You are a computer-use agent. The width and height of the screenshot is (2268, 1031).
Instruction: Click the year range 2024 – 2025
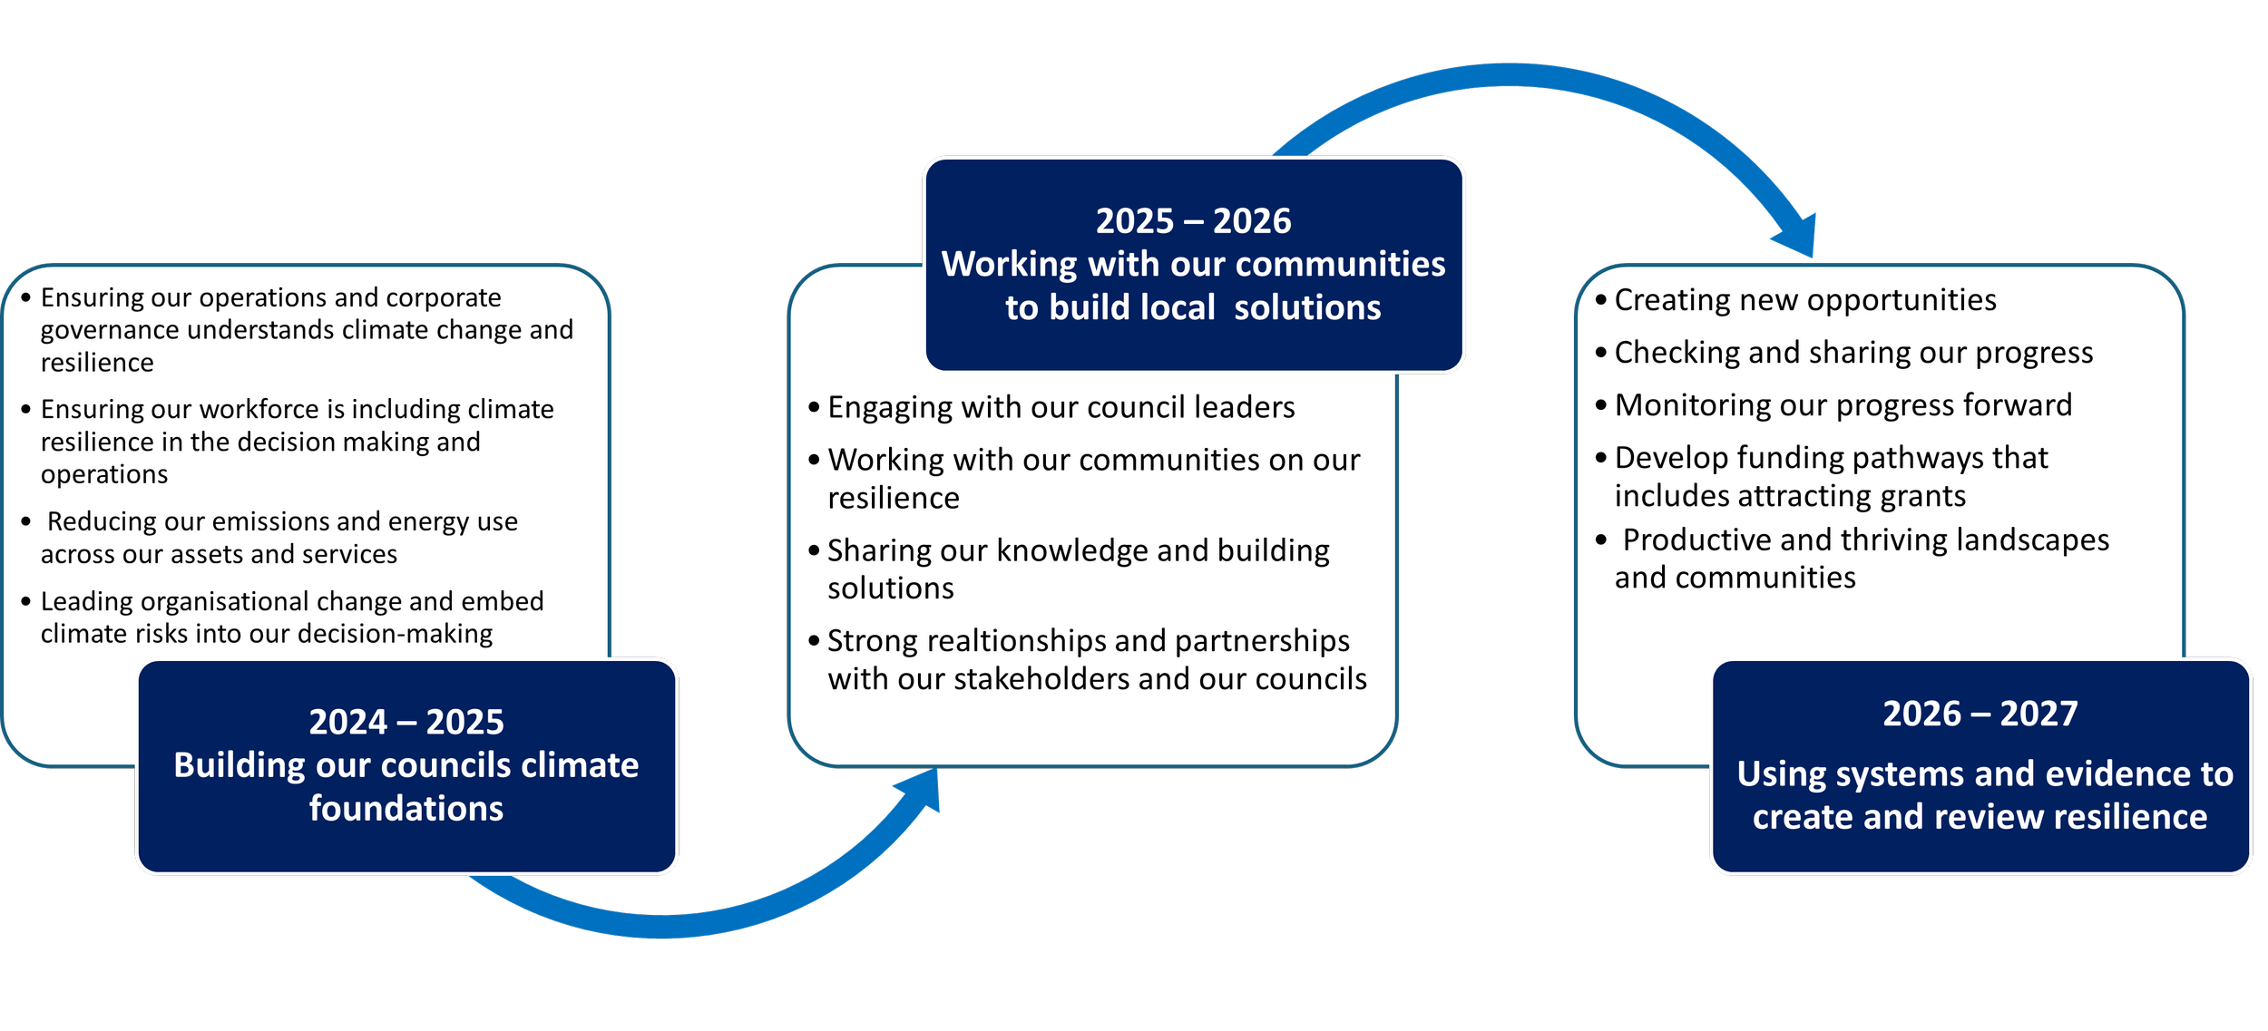click(x=406, y=722)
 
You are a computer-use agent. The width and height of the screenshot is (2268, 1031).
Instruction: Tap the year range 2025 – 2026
click(x=1193, y=221)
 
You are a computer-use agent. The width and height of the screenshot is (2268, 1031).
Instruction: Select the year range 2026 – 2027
click(x=1980, y=715)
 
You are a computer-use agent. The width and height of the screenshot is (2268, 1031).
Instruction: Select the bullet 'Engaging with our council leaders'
click(x=1061, y=408)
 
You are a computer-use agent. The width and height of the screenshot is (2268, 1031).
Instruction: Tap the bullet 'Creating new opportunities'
click(x=1804, y=300)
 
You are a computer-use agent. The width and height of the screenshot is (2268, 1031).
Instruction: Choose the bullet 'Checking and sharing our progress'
click(x=1853, y=353)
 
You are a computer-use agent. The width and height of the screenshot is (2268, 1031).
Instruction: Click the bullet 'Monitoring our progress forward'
click(x=1843, y=405)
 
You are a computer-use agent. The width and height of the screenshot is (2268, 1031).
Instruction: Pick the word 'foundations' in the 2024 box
click(x=406, y=809)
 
